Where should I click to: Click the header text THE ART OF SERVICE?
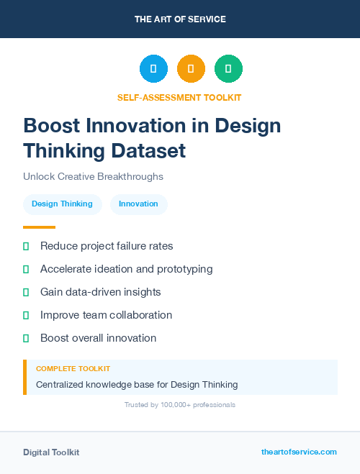[180, 19]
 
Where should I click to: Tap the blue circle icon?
[153, 69]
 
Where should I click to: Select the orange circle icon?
[191, 69]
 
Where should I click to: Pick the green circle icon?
[228, 69]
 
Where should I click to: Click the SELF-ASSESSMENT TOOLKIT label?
[180, 97]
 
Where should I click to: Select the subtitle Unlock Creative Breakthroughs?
[93, 176]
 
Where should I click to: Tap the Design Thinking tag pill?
[62, 204]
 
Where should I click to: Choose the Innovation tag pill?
[138, 204]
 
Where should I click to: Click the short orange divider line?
[39, 227]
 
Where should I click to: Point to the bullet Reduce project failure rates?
[107, 246]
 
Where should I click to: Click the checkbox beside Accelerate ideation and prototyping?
[26, 269]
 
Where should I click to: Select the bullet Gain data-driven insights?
[100, 292]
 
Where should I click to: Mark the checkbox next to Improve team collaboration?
[26, 315]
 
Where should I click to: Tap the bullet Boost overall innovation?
[98, 338]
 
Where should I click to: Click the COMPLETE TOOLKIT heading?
[73, 369]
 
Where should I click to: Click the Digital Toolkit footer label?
[51, 452]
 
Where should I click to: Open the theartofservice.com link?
[299, 452]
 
